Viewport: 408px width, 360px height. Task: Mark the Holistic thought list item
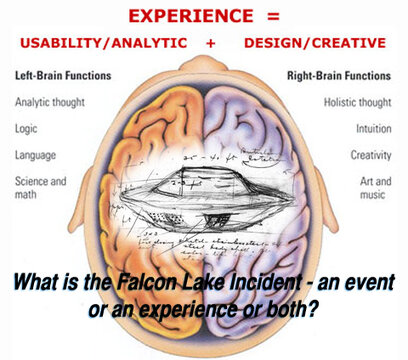[356, 101]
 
